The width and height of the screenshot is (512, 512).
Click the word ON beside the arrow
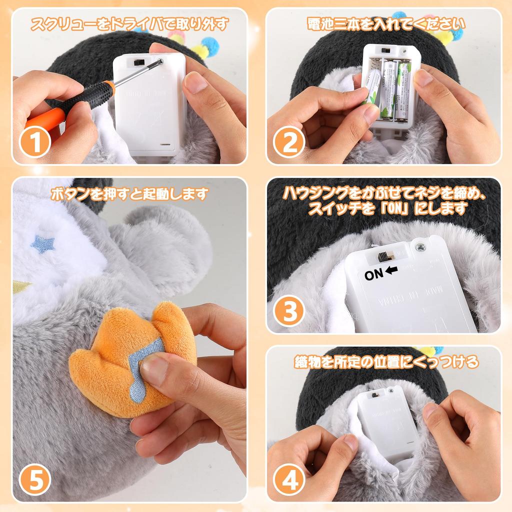[x=373, y=274]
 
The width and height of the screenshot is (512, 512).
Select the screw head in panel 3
[x=421, y=245]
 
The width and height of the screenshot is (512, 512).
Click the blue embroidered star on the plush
[x=42, y=244]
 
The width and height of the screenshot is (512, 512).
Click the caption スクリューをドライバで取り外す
[x=129, y=23]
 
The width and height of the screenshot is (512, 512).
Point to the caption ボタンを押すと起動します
[x=129, y=193]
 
